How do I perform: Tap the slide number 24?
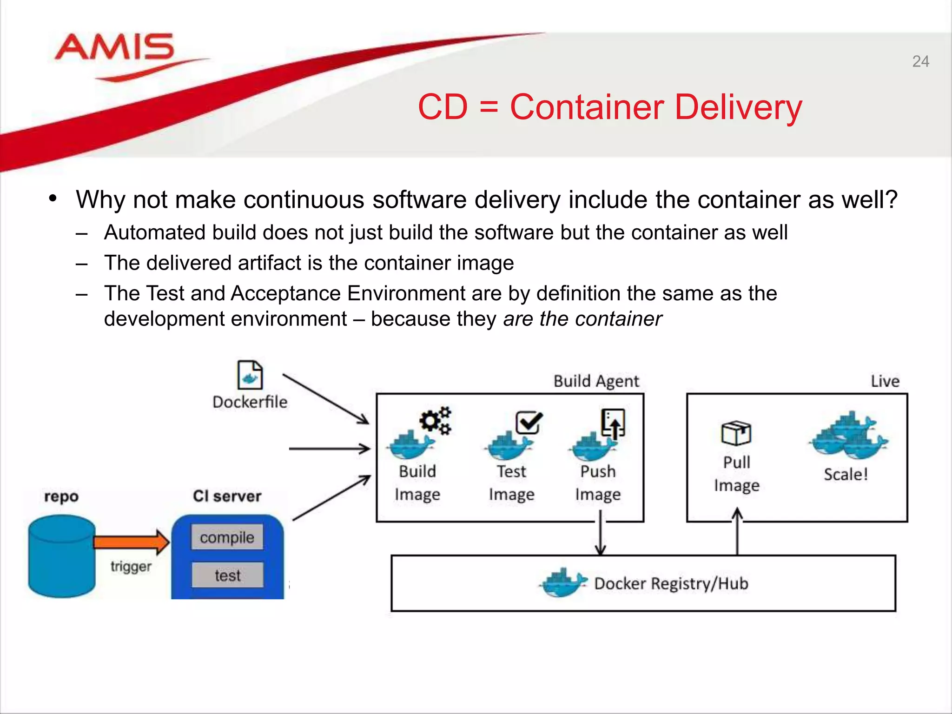(x=920, y=61)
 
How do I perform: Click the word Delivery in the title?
(x=738, y=107)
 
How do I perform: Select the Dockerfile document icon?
(x=250, y=375)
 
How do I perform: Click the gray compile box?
(x=227, y=537)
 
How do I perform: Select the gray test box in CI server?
(x=227, y=575)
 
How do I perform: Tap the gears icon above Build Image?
(x=436, y=421)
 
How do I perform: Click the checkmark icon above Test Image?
(x=529, y=422)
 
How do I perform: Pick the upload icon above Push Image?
(x=613, y=423)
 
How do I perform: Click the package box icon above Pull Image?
(x=736, y=433)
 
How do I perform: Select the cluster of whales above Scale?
(x=849, y=436)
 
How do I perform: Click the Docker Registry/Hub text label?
(x=671, y=583)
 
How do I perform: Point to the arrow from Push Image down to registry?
(x=600, y=535)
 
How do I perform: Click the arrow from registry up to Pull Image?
(x=737, y=532)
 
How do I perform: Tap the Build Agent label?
(x=596, y=381)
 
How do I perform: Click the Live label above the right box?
(x=885, y=381)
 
